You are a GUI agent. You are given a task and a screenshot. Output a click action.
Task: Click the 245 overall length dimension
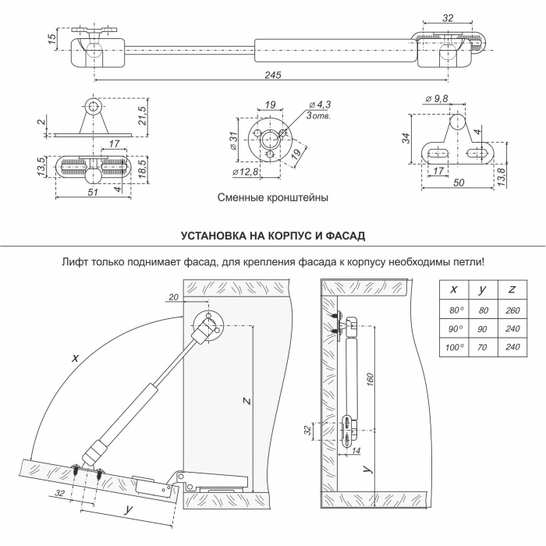click(272, 74)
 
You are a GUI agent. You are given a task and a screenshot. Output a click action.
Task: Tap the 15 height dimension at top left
click(51, 39)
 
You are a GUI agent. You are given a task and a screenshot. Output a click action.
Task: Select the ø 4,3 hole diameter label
click(320, 105)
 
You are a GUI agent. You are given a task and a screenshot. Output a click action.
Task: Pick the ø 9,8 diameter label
click(438, 99)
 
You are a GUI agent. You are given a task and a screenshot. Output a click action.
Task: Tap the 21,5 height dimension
click(142, 115)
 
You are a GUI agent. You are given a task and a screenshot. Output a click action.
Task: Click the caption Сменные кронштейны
click(273, 198)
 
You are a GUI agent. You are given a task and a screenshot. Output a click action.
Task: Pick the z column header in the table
click(511, 289)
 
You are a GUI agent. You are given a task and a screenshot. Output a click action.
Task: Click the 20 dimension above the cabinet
click(172, 296)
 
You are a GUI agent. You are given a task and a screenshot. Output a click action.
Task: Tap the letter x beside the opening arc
click(75, 357)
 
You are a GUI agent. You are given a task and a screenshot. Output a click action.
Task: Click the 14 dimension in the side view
click(356, 451)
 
